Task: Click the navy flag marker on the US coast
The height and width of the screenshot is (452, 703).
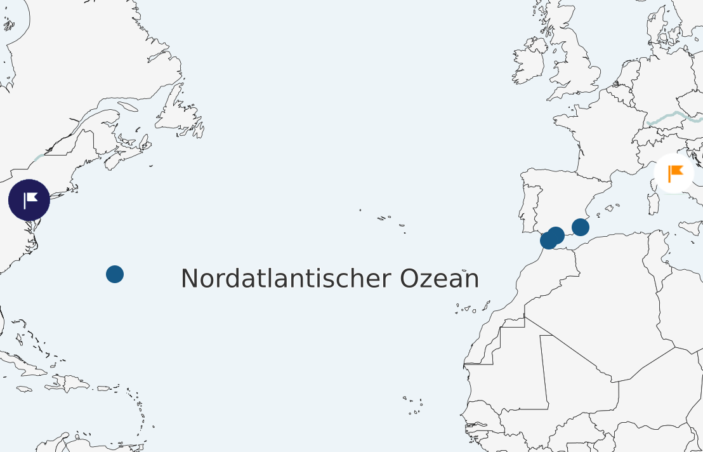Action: coord(29,200)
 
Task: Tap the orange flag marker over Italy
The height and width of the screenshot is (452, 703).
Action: coord(674,173)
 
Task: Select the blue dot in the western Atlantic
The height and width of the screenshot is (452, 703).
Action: coord(115,274)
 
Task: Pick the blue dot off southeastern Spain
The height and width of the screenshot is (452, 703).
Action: coord(581,227)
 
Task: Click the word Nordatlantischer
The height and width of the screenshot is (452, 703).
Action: coord(286,279)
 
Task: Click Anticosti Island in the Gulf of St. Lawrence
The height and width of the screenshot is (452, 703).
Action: coord(127,107)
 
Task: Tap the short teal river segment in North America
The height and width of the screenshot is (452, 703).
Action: coord(39,156)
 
